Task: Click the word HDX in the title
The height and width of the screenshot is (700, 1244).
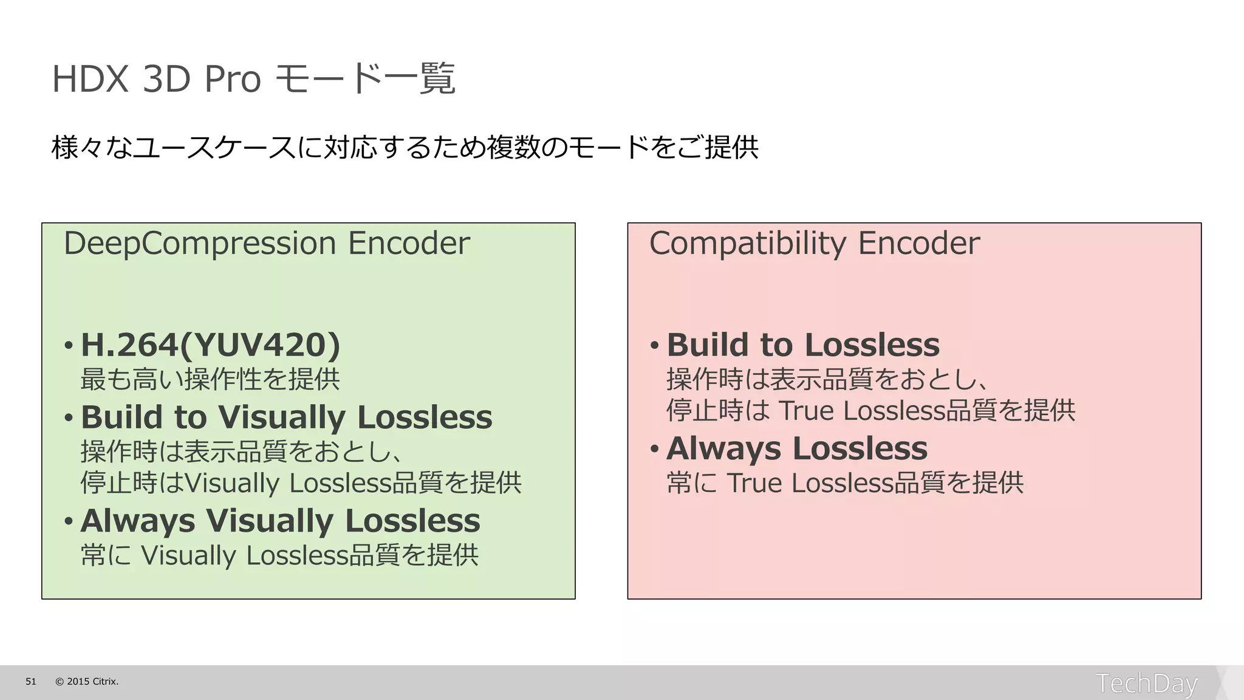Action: pos(90,79)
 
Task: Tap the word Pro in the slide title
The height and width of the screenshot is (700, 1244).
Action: pos(233,79)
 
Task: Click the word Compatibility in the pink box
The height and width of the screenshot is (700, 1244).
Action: pos(748,244)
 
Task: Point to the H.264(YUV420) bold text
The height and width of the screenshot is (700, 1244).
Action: pos(210,345)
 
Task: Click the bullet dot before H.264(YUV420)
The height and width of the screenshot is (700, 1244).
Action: pos(69,346)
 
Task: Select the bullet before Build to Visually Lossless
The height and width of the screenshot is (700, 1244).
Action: pos(69,418)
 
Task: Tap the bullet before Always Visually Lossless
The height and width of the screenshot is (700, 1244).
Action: pos(69,521)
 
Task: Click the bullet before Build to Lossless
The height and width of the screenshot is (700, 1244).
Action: pos(654,346)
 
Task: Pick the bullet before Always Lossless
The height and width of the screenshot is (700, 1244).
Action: pos(654,449)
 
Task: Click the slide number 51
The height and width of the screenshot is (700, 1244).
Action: pos(31,682)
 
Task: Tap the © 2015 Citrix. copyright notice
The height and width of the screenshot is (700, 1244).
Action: pos(87,682)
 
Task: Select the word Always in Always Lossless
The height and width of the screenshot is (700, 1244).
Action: pos(723,449)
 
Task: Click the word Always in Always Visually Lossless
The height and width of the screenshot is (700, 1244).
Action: pos(138,521)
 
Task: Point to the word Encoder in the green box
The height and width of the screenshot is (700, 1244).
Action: pos(409,244)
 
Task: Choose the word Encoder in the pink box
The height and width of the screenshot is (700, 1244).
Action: pos(919,244)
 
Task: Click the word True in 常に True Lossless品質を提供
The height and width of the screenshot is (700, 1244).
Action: pos(754,483)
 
